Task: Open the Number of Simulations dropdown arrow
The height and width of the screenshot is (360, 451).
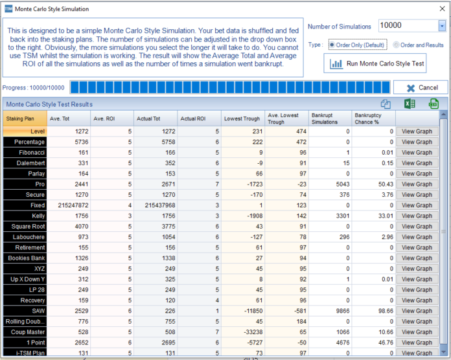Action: click(442, 26)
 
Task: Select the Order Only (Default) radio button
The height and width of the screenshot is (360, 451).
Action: click(332, 45)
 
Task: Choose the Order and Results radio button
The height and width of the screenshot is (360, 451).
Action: click(397, 45)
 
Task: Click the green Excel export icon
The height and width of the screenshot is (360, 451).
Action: click(410, 104)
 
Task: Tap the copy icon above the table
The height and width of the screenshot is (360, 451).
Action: click(386, 104)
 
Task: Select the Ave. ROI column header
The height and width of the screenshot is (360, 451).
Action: click(111, 118)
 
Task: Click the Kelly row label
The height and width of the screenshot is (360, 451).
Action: click(25, 216)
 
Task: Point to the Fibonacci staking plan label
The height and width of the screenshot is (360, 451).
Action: click(25, 152)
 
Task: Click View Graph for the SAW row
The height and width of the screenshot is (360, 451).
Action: click(417, 311)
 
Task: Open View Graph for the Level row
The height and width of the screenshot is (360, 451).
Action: click(417, 131)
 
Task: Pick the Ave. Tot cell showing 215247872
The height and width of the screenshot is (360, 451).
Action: click(68, 205)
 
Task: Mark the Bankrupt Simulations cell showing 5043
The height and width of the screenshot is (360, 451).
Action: click(329, 184)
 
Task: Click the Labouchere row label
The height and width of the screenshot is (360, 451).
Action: click(25, 237)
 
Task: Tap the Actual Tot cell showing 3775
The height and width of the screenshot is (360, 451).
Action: click(156, 226)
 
